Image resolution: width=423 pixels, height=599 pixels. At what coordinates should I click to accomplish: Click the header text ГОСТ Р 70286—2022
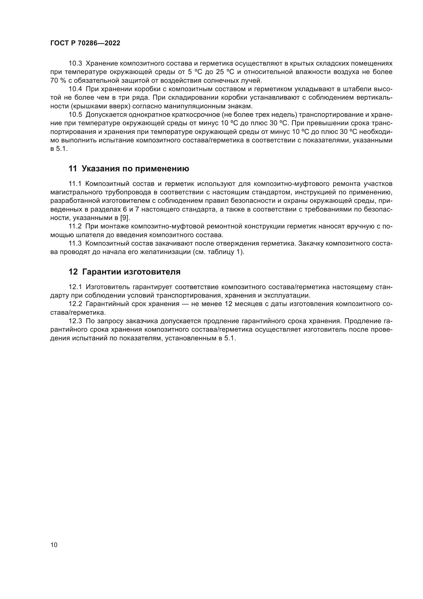coord(85,43)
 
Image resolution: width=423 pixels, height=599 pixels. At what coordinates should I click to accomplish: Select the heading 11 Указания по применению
coord(129,169)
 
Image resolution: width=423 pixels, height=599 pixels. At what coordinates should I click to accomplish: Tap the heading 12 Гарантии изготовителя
coord(124,272)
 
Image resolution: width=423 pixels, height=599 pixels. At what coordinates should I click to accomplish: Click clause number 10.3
coord(75,64)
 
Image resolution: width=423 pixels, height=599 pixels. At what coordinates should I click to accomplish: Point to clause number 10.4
coord(75,89)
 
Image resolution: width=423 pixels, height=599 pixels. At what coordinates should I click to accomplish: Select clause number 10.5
coord(75,114)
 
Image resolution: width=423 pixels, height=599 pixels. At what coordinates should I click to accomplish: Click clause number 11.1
coord(75,184)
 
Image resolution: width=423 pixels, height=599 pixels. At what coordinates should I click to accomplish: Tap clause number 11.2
coord(75,226)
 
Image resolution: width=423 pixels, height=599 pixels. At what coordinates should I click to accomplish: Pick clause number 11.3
coord(75,243)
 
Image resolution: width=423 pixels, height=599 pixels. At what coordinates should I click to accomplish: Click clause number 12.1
coord(75,287)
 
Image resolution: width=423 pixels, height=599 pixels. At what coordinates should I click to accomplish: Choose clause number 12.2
coord(75,304)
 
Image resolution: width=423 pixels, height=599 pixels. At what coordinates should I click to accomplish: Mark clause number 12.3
coord(75,321)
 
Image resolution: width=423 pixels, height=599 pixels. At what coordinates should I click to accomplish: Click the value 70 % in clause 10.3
coord(58,80)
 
